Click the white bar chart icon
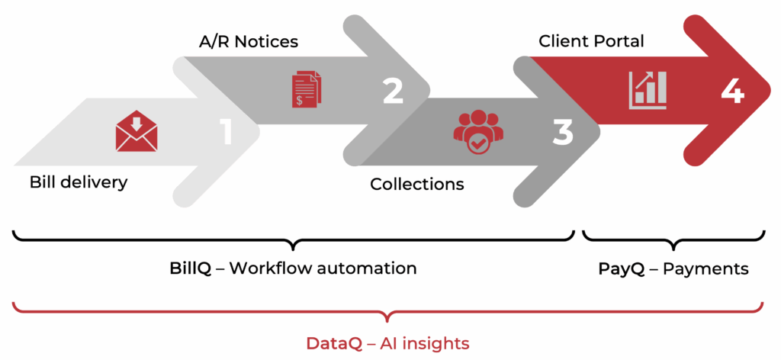[x=647, y=89]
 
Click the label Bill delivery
[x=79, y=182]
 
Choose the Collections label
[x=416, y=184]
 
